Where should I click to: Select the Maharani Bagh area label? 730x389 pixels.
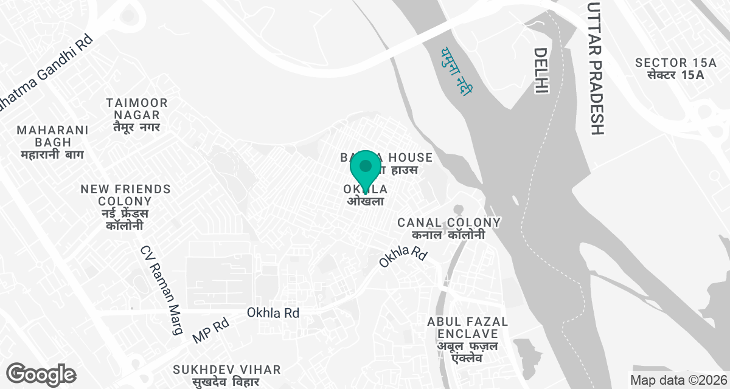[53, 142]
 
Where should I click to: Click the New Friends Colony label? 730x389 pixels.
[125, 207]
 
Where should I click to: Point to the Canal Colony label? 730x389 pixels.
[449, 229]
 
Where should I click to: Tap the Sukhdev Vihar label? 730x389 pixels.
[226, 375]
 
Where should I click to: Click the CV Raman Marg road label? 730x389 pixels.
[161, 290]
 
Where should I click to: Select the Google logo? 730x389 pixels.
[41, 374]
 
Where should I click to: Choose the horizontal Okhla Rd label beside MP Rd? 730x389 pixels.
[273, 313]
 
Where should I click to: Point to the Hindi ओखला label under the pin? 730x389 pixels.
[365, 201]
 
